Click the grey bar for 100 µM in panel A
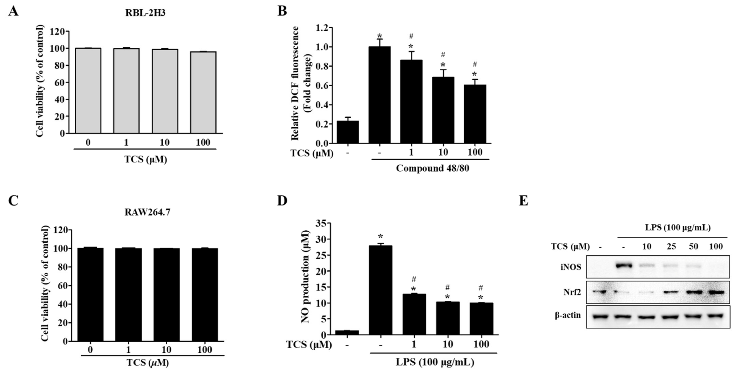(203, 92)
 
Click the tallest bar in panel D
(380, 289)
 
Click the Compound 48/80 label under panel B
(433, 168)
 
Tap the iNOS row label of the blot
(571, 267)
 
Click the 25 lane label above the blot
(671, 246)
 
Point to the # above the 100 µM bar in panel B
(475, 64)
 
